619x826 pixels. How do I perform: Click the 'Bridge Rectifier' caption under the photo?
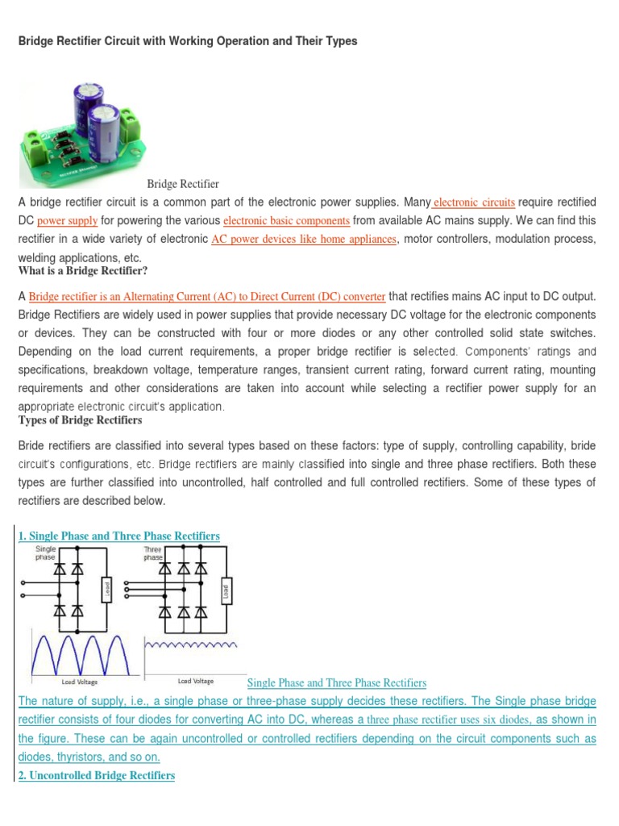point(183,185)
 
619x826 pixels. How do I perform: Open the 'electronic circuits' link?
point(474,202)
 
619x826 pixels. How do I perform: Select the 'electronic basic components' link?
point(286,220)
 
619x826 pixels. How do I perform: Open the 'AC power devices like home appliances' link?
point(304,240)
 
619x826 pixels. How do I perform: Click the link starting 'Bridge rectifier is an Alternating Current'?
point(206,296)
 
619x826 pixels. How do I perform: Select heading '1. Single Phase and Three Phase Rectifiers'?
point(118,536)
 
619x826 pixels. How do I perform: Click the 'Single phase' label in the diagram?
point(46,553)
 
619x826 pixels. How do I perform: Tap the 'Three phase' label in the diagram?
point(154,553)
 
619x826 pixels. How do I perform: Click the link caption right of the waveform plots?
point(336,683)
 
